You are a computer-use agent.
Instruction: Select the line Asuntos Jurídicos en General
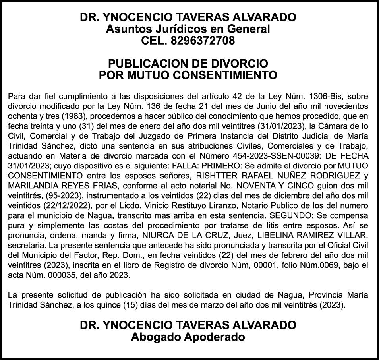pyautogui.click(x=188, y=29)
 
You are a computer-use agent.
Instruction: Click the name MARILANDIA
pyautogui.click(x=33, y=185)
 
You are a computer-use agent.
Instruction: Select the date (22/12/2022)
pyautogui.click(x=56, y=205)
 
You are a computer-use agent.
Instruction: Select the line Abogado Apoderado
pyautogui.click(x=188, y=337)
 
